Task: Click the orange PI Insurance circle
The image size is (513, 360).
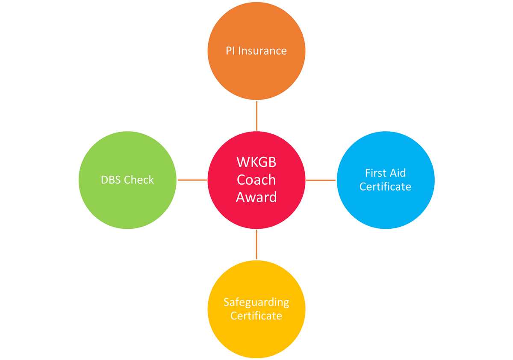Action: coord(256,73)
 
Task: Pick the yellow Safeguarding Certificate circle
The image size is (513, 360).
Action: coord(256,338)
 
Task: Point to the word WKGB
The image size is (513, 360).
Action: coord(256,163)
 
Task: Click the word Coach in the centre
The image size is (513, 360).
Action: coord(256,180)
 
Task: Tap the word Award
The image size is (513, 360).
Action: coord(256,197)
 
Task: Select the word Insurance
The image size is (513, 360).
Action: coord(262,51)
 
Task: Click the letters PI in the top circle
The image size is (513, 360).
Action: coord(230,51)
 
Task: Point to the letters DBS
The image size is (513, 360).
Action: coord(111,180)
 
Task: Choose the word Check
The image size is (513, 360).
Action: coord(139,180)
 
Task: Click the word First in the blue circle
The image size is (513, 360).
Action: coord(375,173)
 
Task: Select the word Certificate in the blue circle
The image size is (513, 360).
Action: coord(385,187)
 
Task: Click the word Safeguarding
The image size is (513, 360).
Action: coord(256,302)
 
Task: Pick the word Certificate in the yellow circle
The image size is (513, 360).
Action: coord(256,316)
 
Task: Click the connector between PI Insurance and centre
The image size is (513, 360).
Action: coord(256,116)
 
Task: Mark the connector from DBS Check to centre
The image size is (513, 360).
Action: coord(192,180)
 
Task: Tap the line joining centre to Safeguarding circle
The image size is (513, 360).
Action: coord(256,245)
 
